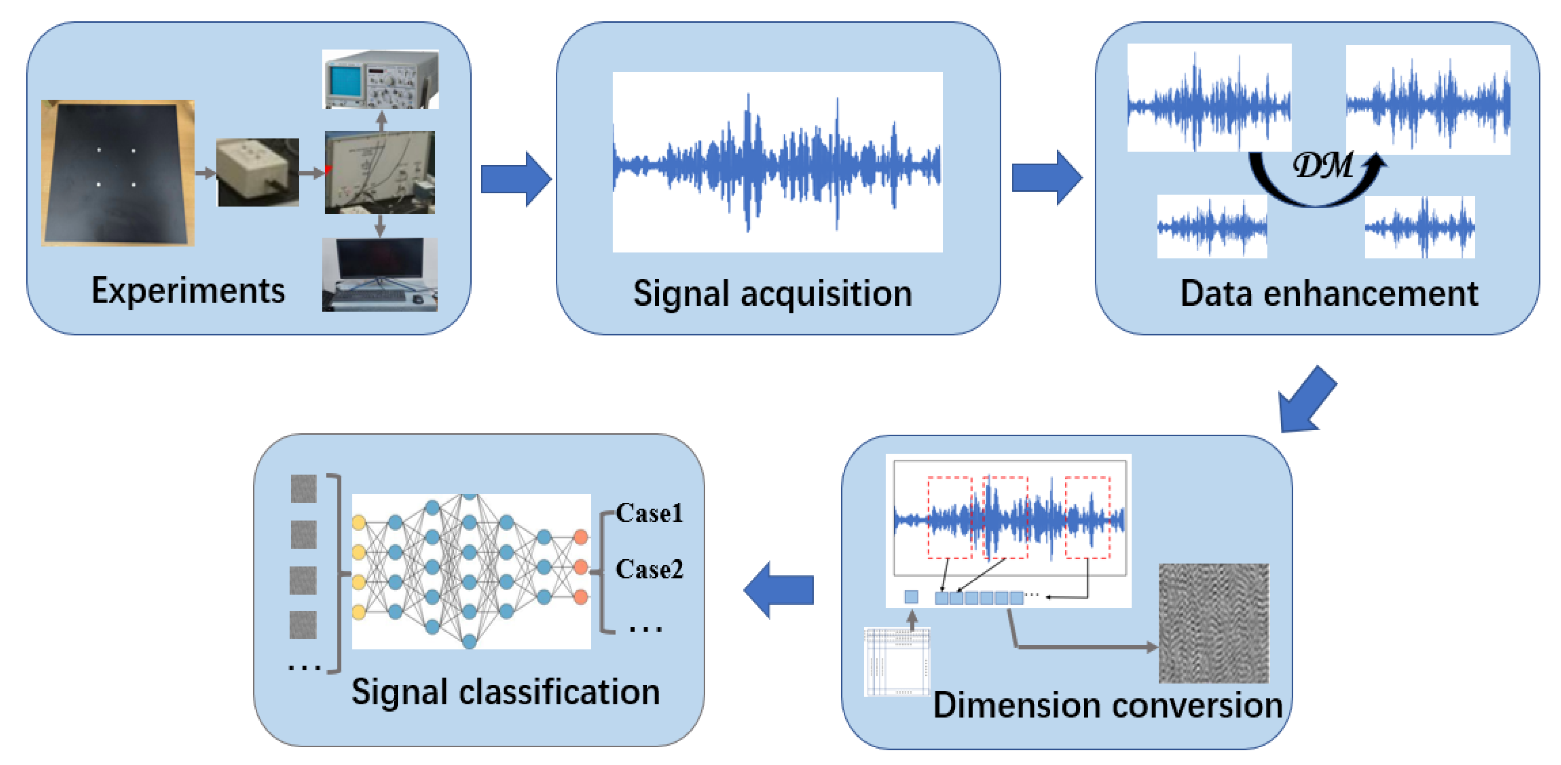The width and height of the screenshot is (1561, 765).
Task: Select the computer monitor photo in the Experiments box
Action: click(x=379, y=274)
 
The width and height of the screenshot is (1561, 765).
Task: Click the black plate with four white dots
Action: click(x=118, y=173)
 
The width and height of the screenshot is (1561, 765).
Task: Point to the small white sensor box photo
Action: click(x=257, y=172)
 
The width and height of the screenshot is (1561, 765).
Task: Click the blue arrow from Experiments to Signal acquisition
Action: click(x=515, y=179)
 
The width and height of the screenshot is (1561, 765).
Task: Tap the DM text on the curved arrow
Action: click(x=1322, y=165)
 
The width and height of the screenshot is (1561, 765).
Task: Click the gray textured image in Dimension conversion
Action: click(x=1213, y=622)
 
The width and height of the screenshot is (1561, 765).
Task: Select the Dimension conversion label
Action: click(x=1107, y=705)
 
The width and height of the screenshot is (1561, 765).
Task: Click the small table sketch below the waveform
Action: click(x=897, y=661)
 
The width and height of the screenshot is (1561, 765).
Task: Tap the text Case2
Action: click(x=649, y=568)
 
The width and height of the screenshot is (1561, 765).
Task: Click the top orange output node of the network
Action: click(x=580, y=537)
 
